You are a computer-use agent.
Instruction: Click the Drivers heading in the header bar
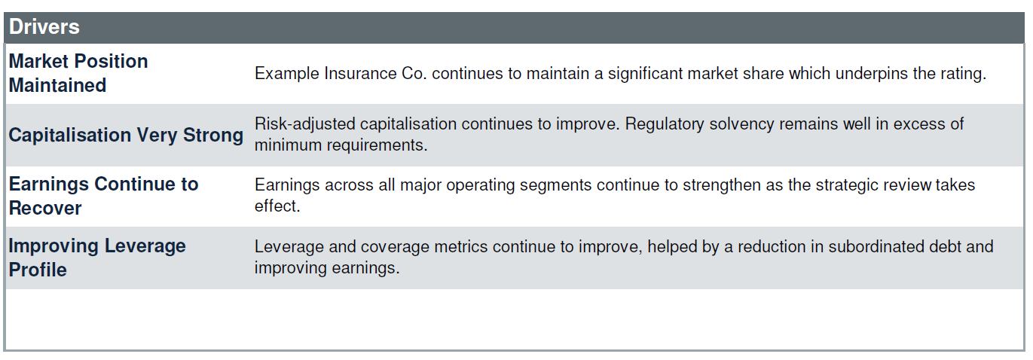44,26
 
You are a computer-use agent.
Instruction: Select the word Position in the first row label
112,61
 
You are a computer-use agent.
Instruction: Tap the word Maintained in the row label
58,85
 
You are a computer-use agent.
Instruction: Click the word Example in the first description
287,74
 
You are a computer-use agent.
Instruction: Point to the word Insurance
361,73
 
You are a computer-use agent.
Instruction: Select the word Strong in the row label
213,135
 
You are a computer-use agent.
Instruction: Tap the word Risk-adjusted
305,124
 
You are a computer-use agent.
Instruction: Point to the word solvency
742,124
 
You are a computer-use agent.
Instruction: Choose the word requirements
377,145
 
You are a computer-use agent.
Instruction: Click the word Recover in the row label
45,209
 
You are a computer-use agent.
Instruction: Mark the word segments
556,185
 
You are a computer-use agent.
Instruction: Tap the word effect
277,206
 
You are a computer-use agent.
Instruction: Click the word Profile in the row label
38,270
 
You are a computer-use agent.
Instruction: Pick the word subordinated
876,246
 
